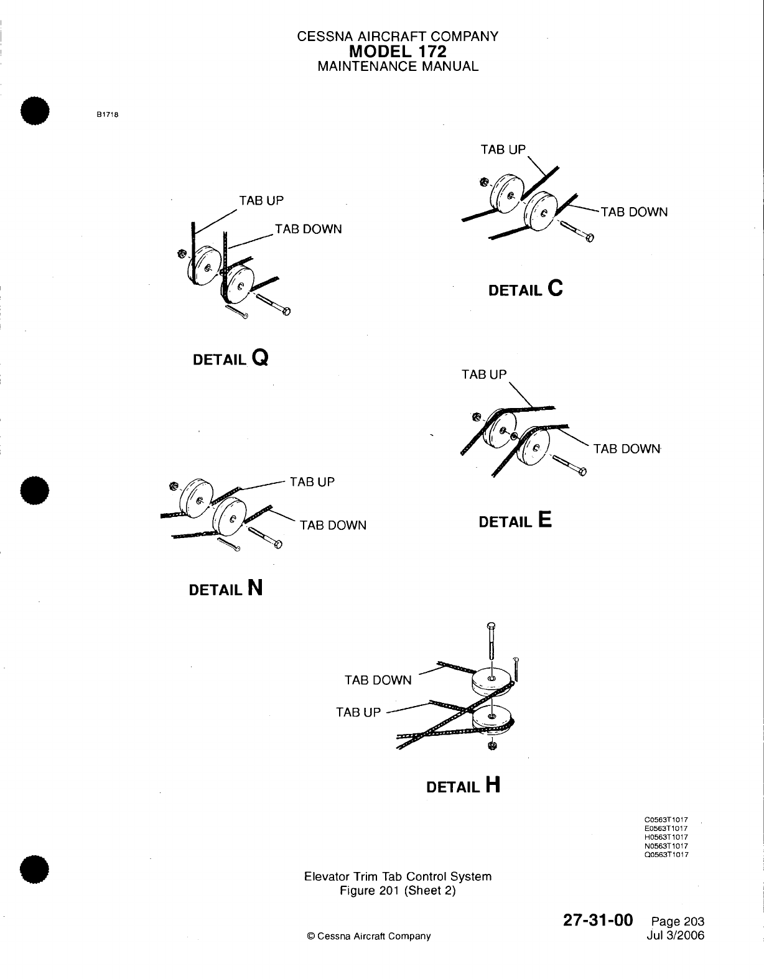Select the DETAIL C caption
(526, 289)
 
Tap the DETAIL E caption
(515, 521)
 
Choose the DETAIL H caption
(463, 786)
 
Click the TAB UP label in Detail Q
(261, 200)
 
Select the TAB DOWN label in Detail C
(634, 212)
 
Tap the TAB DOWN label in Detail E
(626, 448)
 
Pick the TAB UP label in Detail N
(312, 481)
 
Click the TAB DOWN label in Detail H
(378, 680)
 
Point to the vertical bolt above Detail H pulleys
(491, 641)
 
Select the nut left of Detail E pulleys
(477, 416)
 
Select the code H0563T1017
(666, 837)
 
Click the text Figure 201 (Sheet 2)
(398, 891)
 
